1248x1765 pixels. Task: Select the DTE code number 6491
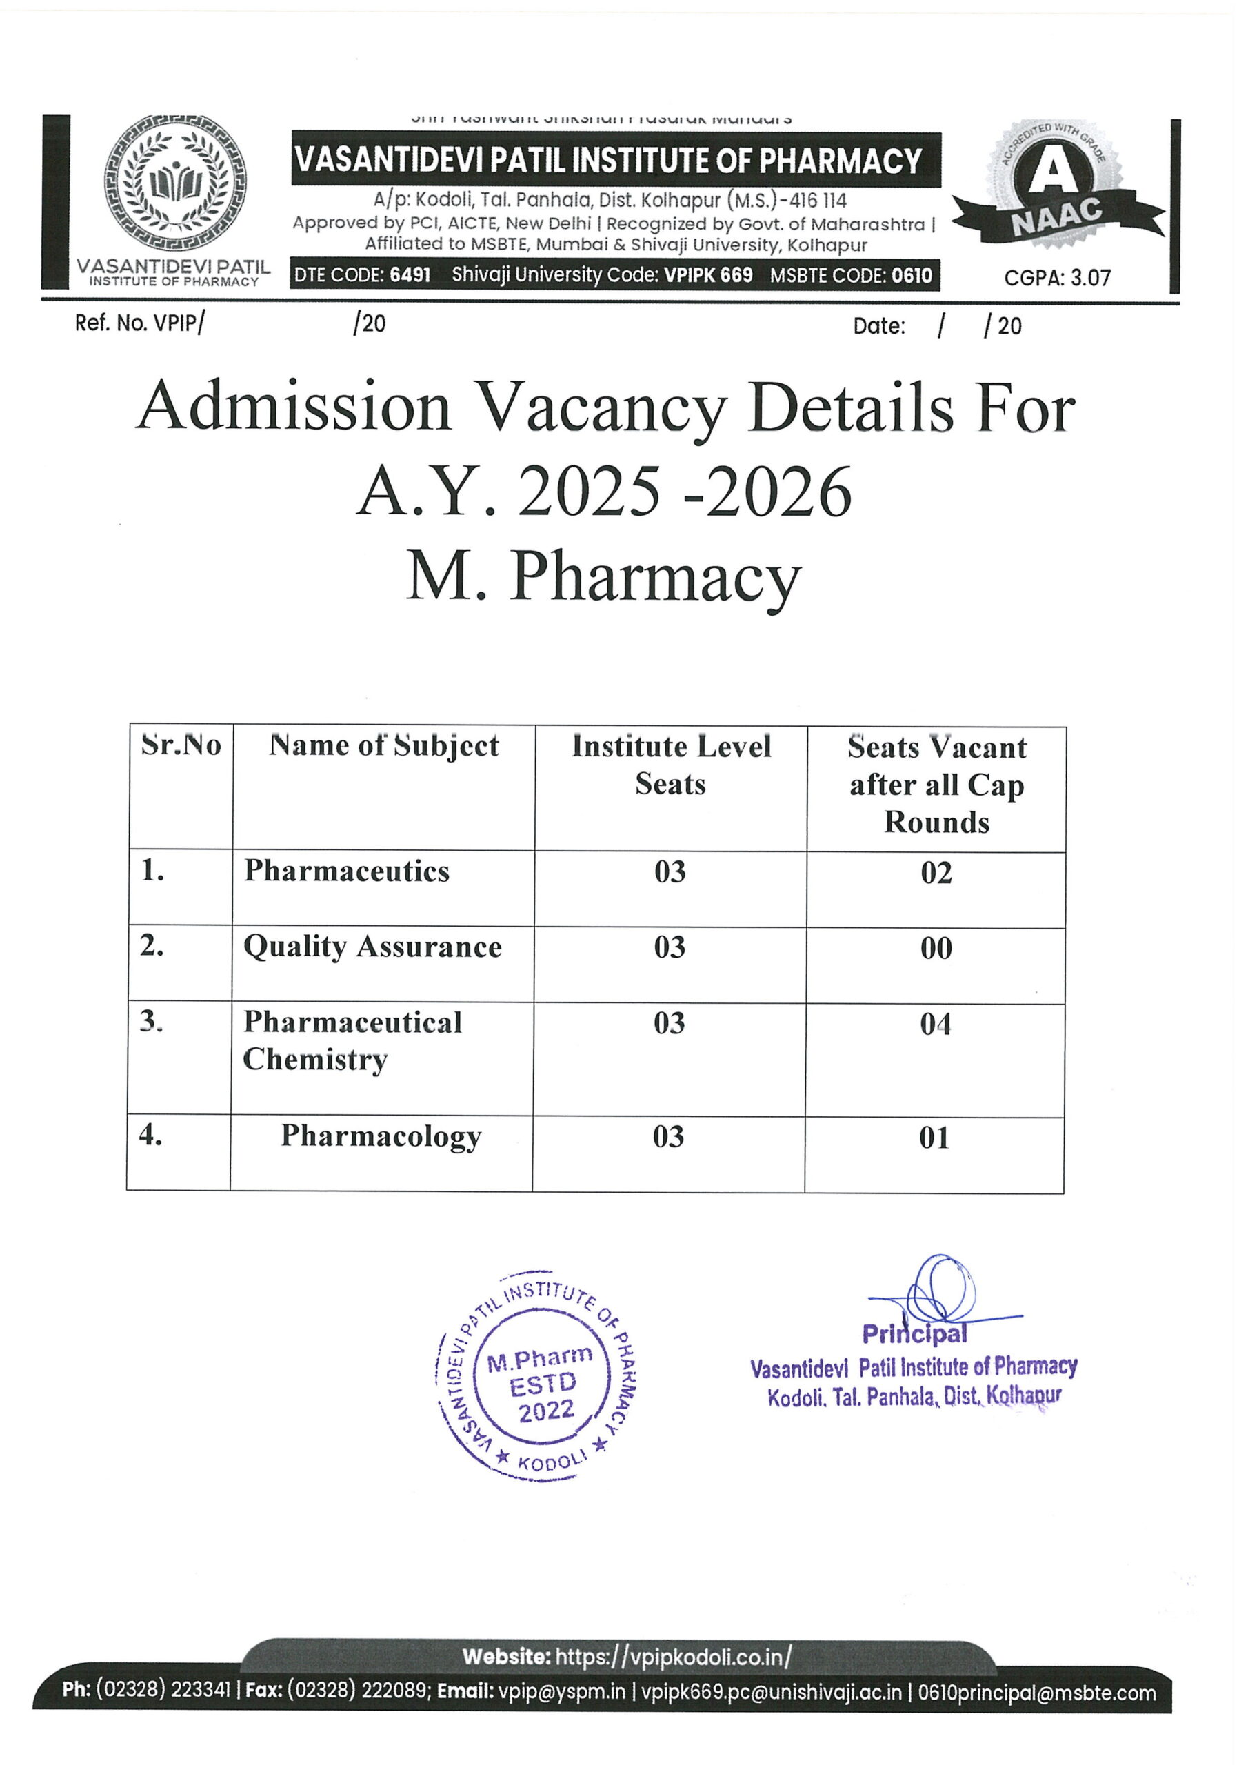point(410,274)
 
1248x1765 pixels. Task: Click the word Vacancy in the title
point(601,407)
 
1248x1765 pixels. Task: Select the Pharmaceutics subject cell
point(347,871)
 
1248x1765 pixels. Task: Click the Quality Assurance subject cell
point(372,947)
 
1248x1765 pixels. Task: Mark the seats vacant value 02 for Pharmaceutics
point(936,873)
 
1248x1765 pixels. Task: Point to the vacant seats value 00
point(936,948)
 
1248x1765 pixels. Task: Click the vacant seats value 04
point(935,1024)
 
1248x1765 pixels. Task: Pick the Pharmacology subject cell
point(381,1136)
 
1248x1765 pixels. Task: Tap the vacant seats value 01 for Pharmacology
point(934,1138)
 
